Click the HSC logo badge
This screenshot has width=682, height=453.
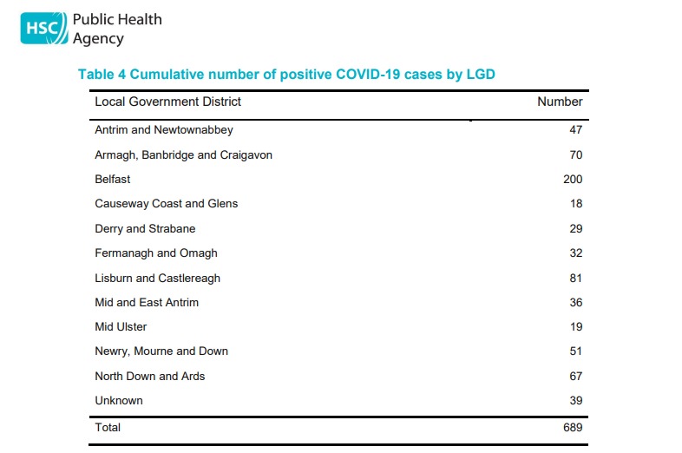[44, 29]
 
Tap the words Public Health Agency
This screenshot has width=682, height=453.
[117, 29]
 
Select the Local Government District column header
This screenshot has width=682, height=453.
[167, 102]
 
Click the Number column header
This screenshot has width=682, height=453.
[560, 102]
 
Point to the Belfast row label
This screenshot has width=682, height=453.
[113, 180]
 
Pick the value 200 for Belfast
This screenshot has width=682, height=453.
[573, 180]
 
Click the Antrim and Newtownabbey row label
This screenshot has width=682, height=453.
[164, 130]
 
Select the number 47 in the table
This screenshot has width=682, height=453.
[576, 129]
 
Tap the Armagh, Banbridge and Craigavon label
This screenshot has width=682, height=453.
[184, 155]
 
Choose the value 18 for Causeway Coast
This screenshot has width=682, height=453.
[576, 204]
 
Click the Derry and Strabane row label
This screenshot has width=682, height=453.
[145, 229]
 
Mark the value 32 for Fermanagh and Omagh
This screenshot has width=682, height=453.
[576, 253]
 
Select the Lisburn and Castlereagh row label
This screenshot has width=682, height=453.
[157, 279]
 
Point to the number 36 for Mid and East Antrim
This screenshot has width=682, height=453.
[576, 303]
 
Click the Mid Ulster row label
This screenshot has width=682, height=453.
[121, 327]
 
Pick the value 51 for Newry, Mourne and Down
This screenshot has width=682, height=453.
[576, 351]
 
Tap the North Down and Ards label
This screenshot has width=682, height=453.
[150, 376]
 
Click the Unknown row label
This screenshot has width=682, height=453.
[119, 400]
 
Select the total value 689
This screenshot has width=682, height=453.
[573, 427]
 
